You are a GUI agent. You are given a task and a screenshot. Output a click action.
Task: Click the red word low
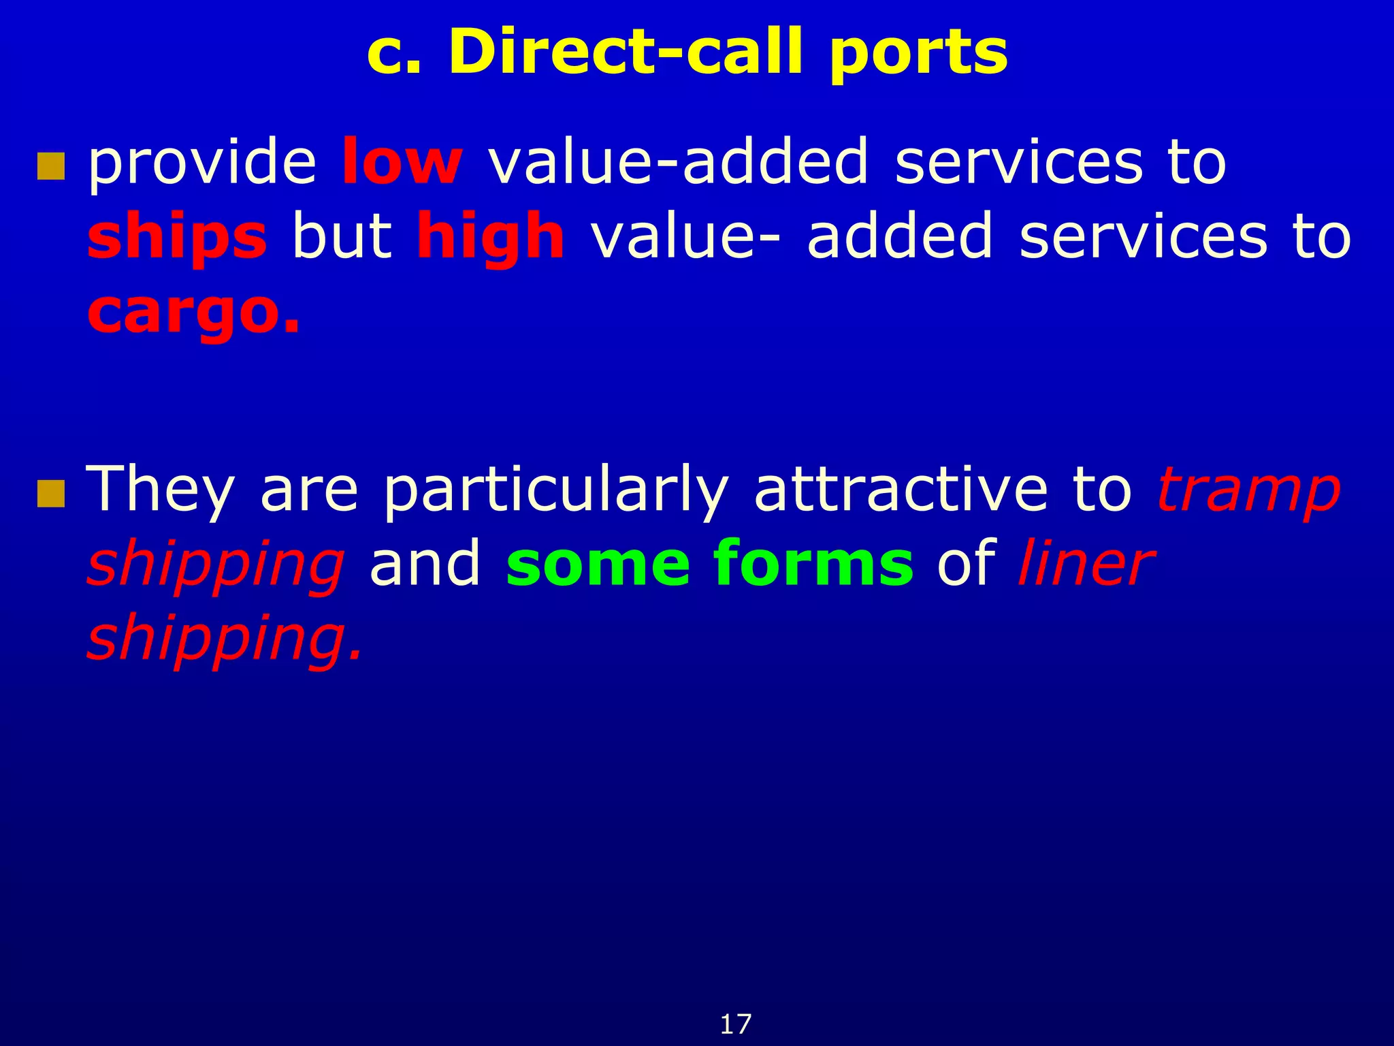402,162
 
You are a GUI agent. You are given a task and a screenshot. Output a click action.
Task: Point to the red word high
490,236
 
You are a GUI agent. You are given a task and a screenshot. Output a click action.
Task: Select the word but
342,236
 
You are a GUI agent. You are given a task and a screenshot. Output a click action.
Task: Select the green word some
597,564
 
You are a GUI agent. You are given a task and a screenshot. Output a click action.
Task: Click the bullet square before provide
51,166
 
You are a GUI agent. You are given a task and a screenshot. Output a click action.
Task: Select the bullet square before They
51,494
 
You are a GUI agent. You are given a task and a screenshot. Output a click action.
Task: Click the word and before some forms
425,564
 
